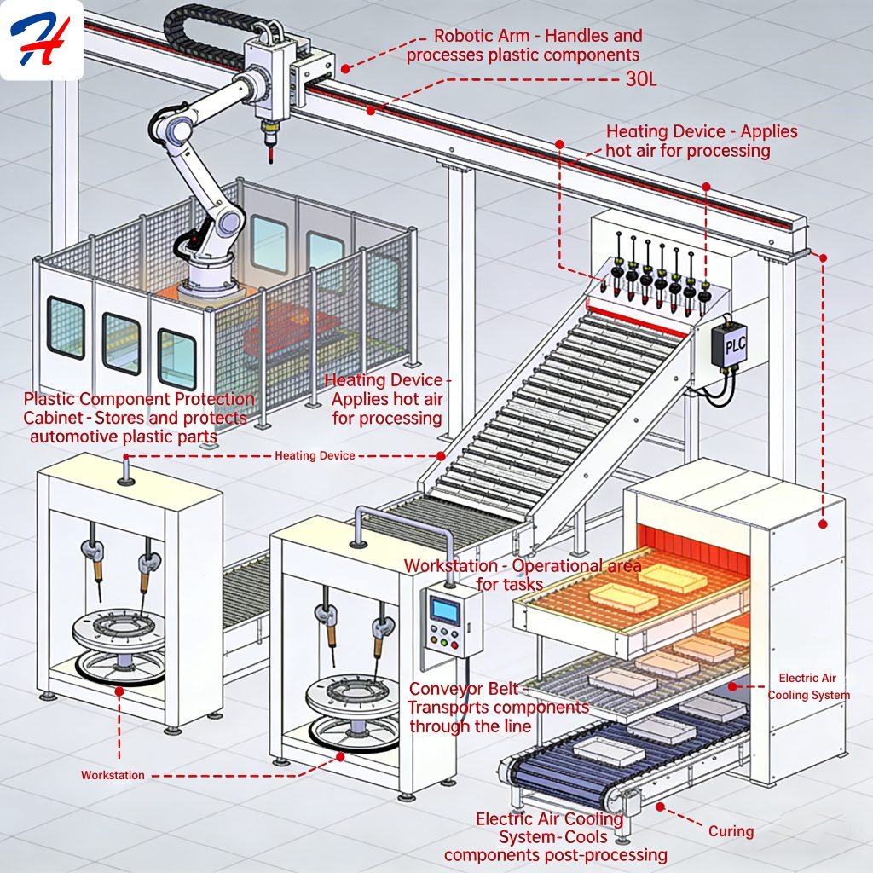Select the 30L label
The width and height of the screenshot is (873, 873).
pos(638,84)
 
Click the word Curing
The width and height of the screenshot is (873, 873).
pos(731,830)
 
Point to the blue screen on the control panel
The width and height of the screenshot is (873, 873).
pos(445,609)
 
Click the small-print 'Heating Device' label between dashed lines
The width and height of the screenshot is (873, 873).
pos(315,456)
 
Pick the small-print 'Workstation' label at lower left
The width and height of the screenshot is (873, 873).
pos(113,775)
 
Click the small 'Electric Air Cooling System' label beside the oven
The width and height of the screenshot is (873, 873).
pos(808,686)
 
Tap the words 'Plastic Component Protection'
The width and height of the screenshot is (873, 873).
pos(139,399)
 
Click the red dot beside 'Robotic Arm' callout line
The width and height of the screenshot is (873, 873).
pos(345,67)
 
